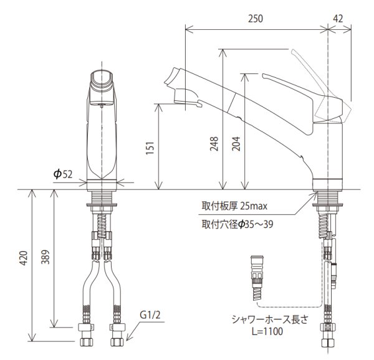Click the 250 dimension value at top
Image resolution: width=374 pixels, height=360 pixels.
[256, 19]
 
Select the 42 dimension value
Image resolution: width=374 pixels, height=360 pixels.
[339, 19]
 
